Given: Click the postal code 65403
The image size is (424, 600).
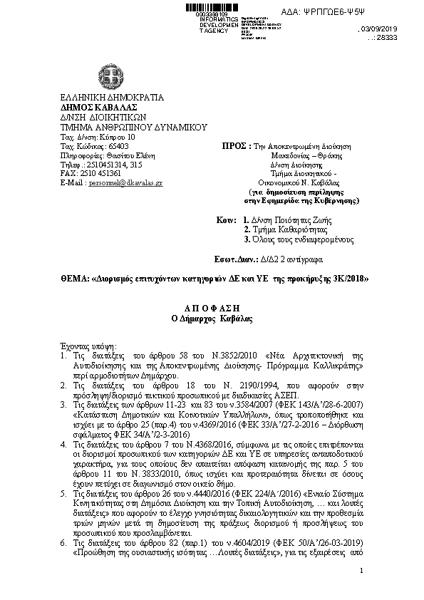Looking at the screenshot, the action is (x=111, y=145).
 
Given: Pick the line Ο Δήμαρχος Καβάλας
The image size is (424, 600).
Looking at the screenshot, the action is (x=211, y=318).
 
